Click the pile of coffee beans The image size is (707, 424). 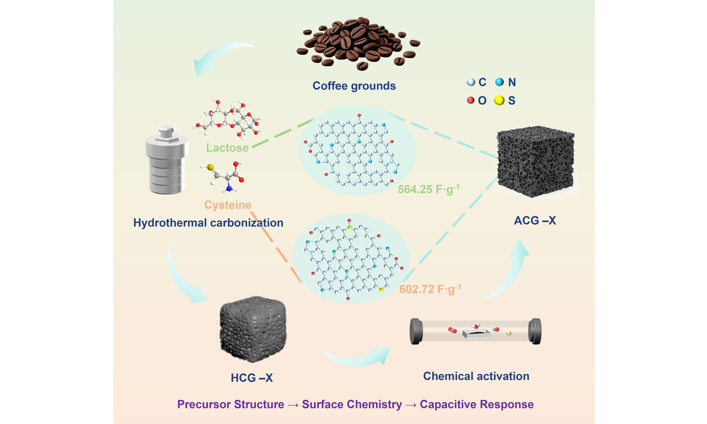tap(358, 43)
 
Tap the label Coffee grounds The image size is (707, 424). tap(354, 86)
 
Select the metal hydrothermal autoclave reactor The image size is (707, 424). tap(167, 160)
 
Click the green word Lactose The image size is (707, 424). tap(227, 148)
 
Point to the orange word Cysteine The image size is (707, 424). tap(228, 205)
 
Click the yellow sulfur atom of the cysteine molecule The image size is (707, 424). tap(210, 167)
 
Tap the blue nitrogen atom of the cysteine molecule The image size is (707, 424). tap(229, 188)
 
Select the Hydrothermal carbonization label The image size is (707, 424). tap(208, 222)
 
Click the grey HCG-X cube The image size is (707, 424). tap(253, 329)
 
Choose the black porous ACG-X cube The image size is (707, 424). tap(535, 161)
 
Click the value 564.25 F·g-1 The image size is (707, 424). tap(429, 189)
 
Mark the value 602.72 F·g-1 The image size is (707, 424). tap(430, 289)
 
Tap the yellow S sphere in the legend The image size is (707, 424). tap(499, 100)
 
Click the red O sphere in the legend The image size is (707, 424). tap(470, 100)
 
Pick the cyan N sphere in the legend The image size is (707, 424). tap(499, 82)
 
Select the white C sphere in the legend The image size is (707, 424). tap(471, 82)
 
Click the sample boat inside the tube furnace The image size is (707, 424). tap(476, 333)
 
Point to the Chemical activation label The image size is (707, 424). tap(476, 376)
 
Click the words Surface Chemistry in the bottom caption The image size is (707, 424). tap(352, 404)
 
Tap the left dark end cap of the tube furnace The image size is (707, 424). tap(416, 331)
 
